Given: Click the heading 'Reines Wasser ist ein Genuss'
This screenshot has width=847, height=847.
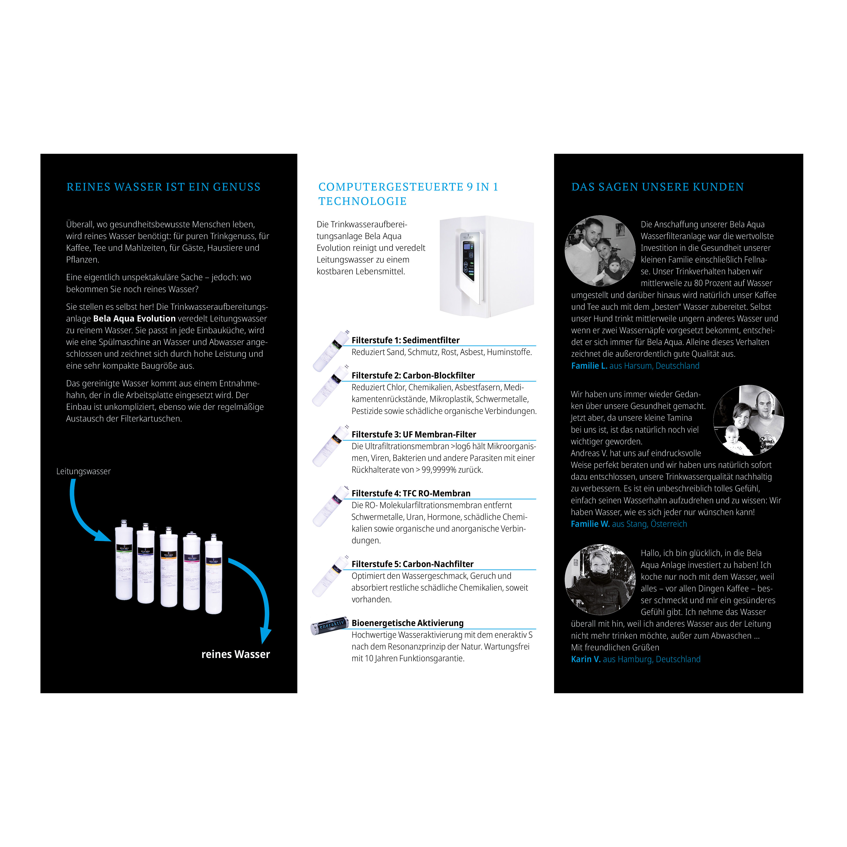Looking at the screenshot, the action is click(164, 187).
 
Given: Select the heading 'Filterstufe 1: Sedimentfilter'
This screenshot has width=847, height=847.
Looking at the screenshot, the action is click(406, 340).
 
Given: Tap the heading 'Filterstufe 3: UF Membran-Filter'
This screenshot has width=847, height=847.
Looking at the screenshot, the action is click(414, 434).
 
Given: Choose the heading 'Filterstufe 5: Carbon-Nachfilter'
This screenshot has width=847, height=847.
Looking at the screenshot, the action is click(413, 564).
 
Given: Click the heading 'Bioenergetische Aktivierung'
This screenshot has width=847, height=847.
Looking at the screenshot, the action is click(408, 623).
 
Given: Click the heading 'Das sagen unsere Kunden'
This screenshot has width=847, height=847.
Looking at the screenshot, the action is click(658, 187).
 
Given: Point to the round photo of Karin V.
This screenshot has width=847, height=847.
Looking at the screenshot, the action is click(600, 580).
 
